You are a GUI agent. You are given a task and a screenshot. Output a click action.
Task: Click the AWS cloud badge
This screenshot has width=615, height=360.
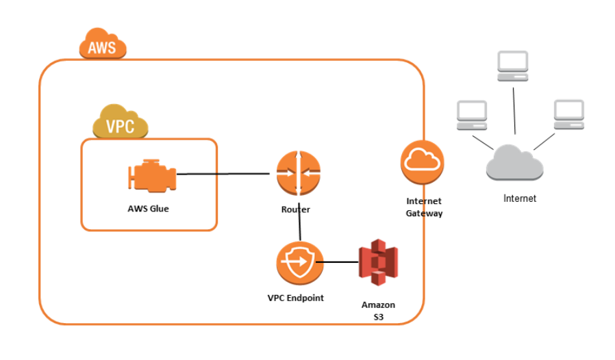click(103, 45)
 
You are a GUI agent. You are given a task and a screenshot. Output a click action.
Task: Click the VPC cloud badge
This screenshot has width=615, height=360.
click(121, 124)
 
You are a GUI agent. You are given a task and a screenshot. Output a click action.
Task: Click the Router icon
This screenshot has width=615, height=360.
click(298, 174)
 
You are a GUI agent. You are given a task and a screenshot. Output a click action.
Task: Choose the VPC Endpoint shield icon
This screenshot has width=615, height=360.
click(299, 263)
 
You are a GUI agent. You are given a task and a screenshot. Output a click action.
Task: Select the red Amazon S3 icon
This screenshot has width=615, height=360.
click(378, 262)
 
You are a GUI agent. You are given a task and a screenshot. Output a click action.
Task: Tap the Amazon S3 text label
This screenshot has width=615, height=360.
click(378, 311)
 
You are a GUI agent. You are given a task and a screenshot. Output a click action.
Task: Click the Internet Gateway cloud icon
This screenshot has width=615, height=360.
click(422, 162)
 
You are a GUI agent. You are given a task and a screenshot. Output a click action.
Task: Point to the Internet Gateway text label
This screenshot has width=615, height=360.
click(424, 207)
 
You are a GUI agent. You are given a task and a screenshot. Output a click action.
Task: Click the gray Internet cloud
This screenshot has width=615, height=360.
click(514, 164)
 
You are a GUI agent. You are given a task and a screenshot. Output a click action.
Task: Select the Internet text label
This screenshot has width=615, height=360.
click(520, 198)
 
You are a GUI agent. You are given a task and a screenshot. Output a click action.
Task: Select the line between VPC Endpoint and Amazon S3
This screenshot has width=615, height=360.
click(340, 262)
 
